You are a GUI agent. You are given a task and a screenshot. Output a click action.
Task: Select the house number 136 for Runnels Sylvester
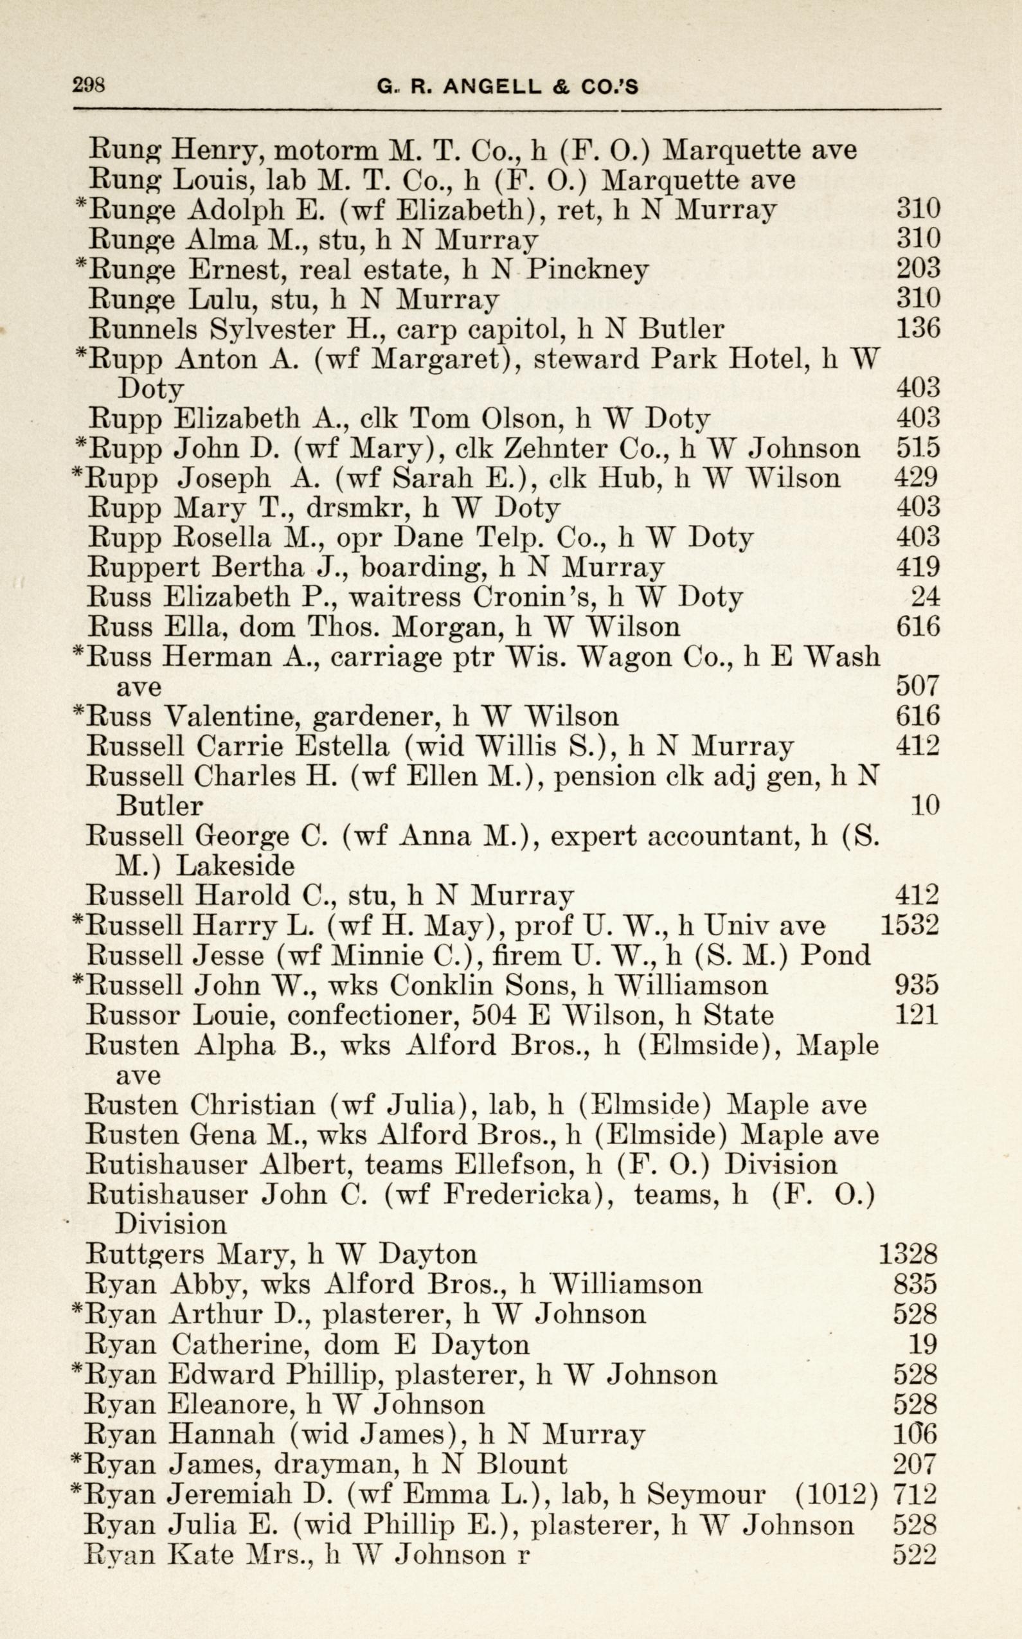pyautogui.click(x=918, y=328)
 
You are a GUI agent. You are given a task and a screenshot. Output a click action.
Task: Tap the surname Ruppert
pyautogui.click(x=134, y=567)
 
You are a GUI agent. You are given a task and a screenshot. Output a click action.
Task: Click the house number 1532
pyautogui.click(x=910, y=925)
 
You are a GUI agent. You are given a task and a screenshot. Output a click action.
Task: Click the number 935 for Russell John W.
pyautogui.click(x=917, y=985)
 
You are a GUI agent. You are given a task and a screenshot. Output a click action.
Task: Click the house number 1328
pyautogui.click(x=908, y=1255)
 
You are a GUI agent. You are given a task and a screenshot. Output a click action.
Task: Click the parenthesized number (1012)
pyautogui.click(x=836, y=1494)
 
